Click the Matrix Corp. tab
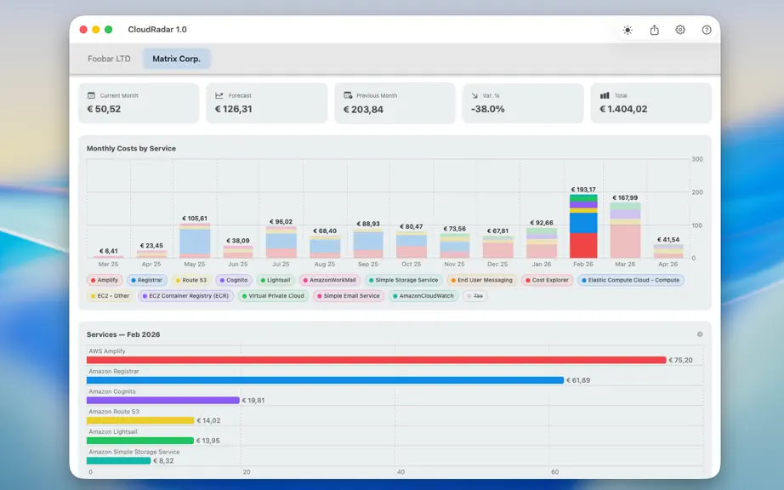(177, 59)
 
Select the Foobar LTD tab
(109, 59)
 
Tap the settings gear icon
(680, 30)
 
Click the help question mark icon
(707, 30)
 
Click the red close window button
(83, 30)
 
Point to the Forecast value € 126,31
(234, 109)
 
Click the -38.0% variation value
(487, 109)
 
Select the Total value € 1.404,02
(623, 109)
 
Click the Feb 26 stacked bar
(583, 226)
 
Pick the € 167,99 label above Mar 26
(625, 197)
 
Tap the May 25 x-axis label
(195, 264)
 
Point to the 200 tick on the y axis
(697, 192)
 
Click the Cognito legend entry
(234, 280)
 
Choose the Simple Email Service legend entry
(349, 295)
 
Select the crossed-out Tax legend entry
(475, 295)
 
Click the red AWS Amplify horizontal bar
(377, 360)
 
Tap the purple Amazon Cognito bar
(163, 400)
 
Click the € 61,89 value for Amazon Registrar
(578, 380)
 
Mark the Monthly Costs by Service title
(131, 149)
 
